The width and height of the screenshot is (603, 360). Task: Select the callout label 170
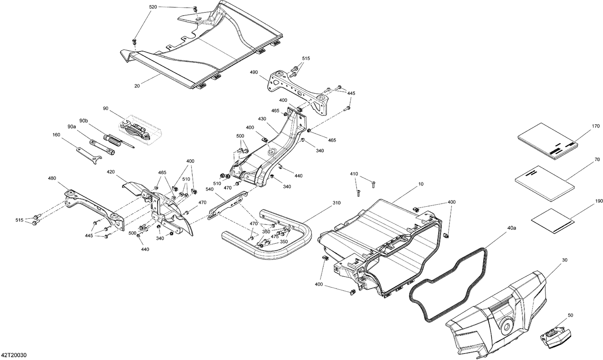[595, 126]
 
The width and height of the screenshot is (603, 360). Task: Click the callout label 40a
[511, 228]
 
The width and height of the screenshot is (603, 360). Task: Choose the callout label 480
[52, 178]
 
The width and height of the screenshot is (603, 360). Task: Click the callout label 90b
[83, 120]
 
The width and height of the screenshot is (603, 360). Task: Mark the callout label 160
[56, 135]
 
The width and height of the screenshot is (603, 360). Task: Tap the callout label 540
[210, 189]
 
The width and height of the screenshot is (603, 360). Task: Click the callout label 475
[275, 237]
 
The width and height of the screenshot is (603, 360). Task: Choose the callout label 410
[354, 174]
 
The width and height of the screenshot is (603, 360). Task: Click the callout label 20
[137, 86]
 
